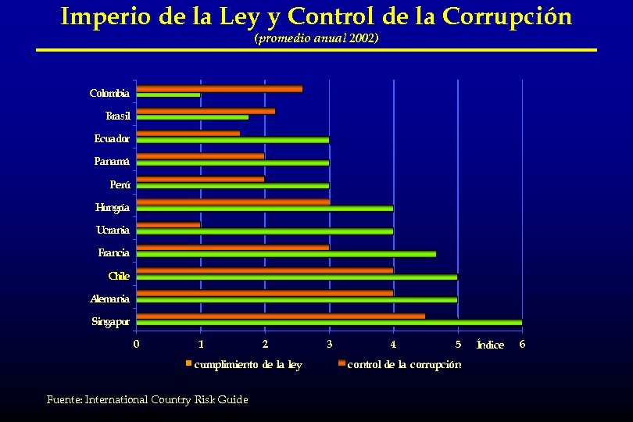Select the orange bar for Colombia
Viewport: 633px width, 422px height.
[x=220, y=88]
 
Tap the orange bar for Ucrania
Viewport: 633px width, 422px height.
[x=168, y=224]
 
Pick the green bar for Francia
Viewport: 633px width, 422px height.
[x=286, y=254]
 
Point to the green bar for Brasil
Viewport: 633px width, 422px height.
[x=192, y=117]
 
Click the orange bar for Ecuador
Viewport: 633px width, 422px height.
[x=188, y=134]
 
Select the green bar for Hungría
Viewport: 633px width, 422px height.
[x=265, y=208]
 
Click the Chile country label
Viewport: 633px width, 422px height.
[x=119, y=276]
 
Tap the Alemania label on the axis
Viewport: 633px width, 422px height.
[x=110, y=299]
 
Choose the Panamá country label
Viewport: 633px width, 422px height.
[x=112, y=162]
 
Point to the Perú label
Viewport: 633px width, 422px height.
[x=120, y=184]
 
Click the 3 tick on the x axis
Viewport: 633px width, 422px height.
[x=329, y=344]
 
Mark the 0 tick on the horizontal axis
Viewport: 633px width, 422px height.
[x=137, y=344]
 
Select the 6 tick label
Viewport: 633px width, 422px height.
[x=522, y=344]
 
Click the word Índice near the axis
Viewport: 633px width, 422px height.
[x=490, y=345]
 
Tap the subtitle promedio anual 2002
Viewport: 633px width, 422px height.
[x=316, y=38]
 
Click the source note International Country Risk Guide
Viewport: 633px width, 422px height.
[x=147, y=399]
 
